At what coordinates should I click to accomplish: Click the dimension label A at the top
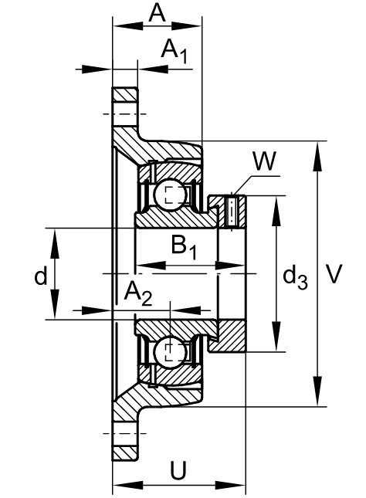(158, 13)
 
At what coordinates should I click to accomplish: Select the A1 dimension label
(174, 51)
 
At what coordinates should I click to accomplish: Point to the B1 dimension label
(184, 247)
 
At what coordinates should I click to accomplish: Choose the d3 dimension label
(295, 278)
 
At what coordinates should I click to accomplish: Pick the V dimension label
(334, 274)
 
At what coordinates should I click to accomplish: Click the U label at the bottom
(178, 470)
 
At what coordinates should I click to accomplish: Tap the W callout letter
(265, 161)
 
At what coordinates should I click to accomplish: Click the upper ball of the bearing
(170, 195)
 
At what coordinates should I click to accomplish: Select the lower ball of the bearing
(170, 353)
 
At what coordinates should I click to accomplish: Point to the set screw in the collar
(232, 212)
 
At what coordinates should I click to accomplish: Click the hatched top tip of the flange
(125, 94)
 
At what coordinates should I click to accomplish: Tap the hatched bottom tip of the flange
(125, 453)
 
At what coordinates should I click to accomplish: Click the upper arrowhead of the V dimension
(317, 158)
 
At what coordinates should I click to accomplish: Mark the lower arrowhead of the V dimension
(317, 391)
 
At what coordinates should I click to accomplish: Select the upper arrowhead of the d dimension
(55, 244)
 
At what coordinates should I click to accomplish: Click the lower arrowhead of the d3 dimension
(276, 336)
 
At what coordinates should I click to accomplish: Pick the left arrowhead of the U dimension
(127, 486)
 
